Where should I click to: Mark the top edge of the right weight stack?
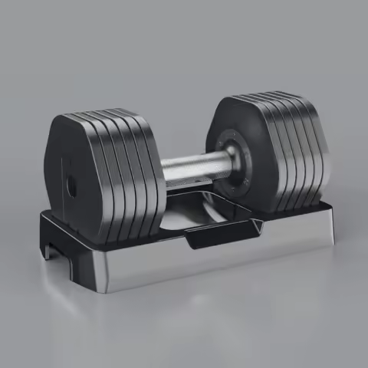(x=268, y=97)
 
